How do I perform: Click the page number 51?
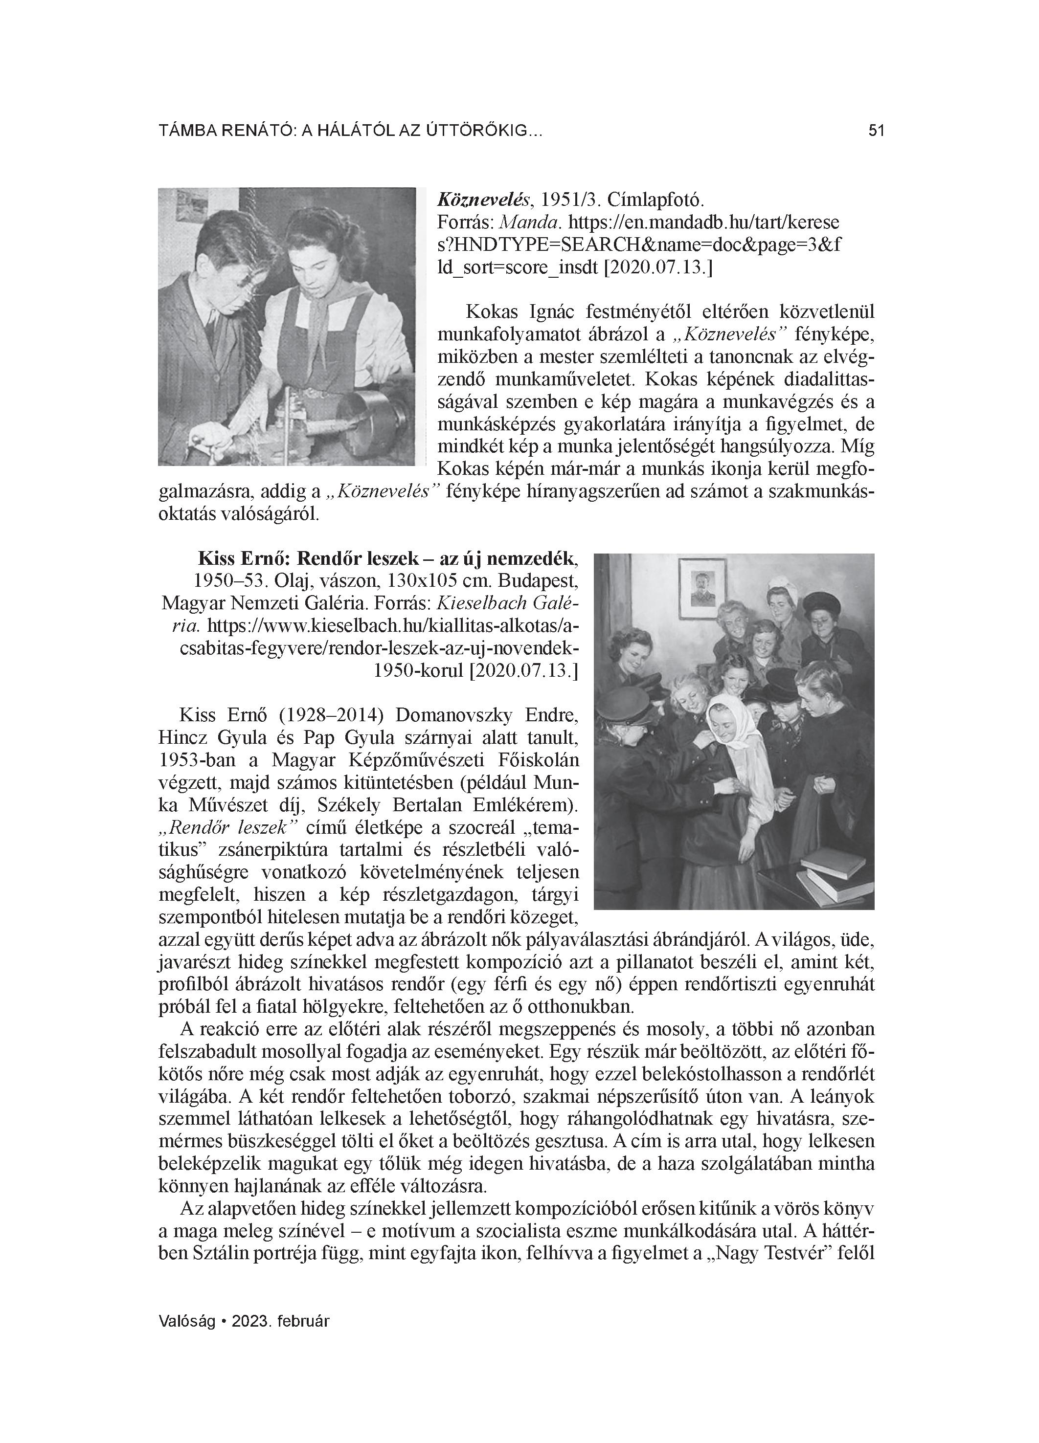876,131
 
